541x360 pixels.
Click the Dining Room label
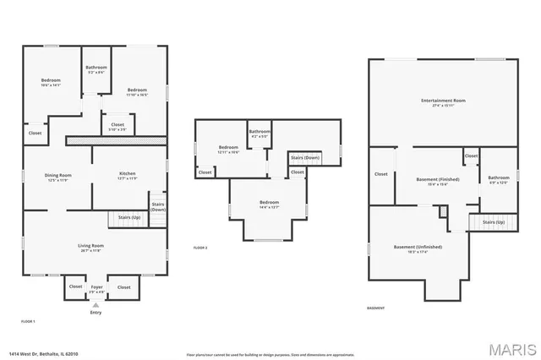(x=58, y=177)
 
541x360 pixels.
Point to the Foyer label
(x=97, y=288)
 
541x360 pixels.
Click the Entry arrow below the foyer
(x=95, y=306)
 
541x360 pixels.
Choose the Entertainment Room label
(x=443, y=102)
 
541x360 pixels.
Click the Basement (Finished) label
(x=438, y=181)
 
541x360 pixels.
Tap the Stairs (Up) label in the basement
(x=493, y=222)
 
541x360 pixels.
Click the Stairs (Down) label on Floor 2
(x=304, y=158)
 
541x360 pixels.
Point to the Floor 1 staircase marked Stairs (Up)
(x=123, y=219)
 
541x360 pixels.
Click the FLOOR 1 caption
(x=28, y=322)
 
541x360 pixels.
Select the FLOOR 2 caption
(x=200, y=248)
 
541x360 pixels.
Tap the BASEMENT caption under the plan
(x=376, y=308)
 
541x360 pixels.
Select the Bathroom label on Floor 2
(x=260, y=133)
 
